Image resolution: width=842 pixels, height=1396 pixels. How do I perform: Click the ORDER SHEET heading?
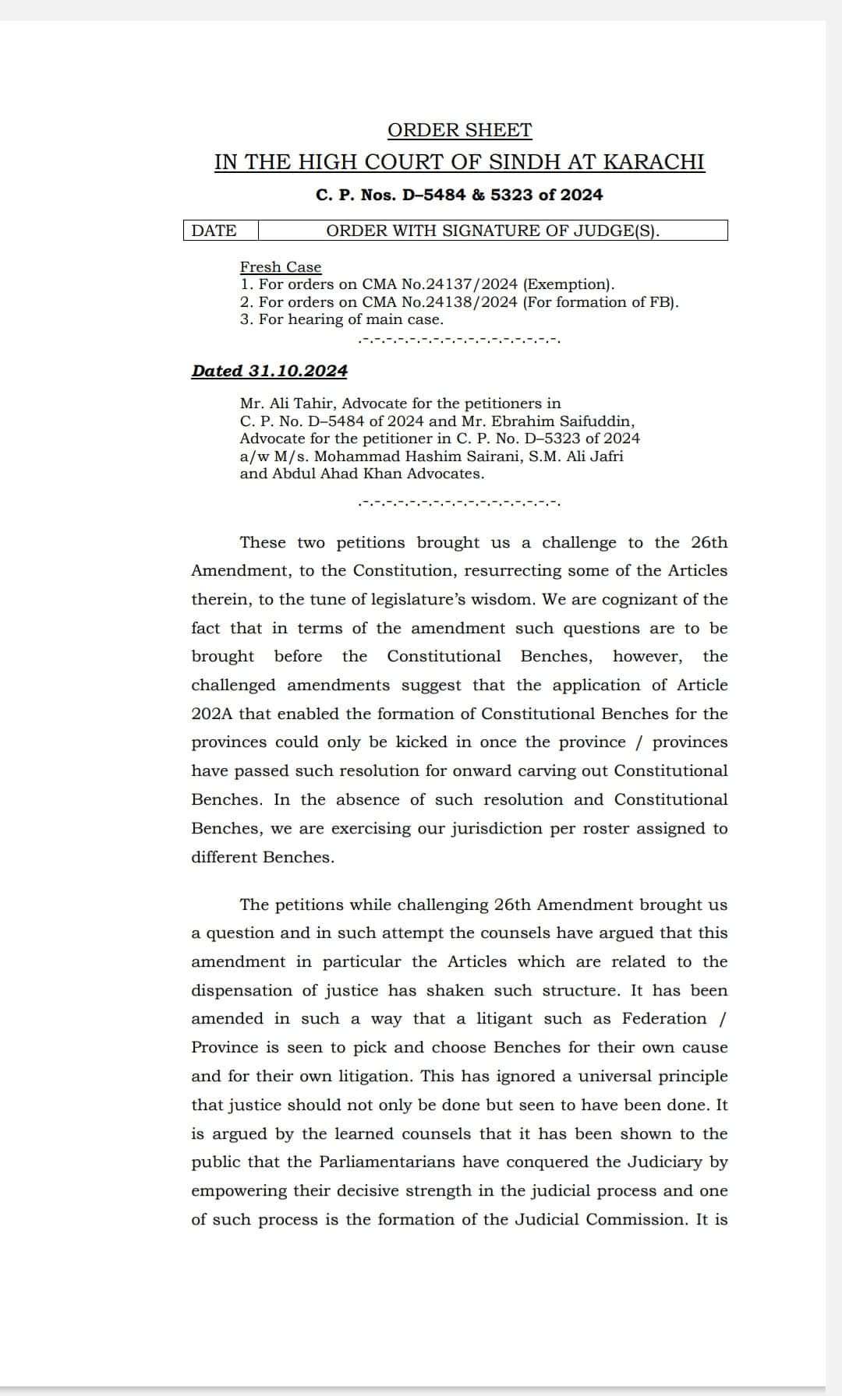[459, 130]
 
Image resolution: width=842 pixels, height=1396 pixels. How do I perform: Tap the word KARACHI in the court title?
[654, 162]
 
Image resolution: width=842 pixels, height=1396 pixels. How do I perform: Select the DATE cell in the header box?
[214, 231]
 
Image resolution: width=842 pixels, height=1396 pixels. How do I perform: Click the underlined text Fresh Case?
[281, 267]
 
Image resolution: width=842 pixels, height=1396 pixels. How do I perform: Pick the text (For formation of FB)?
[600, 302]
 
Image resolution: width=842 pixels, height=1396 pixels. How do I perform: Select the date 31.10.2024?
[298, 371]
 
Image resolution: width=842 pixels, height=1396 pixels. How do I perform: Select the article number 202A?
[211, 714]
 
